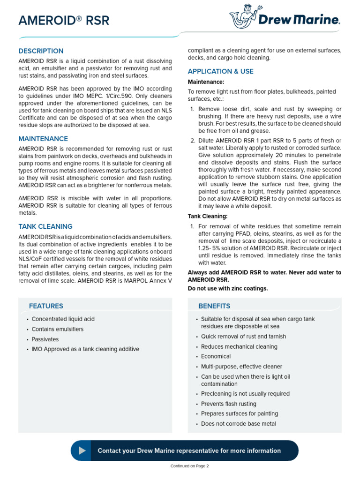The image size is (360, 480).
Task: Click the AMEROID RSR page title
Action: point(64,21)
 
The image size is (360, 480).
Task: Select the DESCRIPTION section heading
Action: point(41,51)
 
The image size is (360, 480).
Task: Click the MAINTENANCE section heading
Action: point(43,139)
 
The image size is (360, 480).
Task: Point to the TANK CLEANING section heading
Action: point(45,226)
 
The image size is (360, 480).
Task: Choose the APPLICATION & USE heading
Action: point(220,71)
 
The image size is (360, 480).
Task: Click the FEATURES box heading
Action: point(46,306)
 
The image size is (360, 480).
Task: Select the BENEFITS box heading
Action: point(214,306)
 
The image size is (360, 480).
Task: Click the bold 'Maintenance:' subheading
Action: point(206,82)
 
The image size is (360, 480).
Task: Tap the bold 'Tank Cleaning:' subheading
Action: point(208,216)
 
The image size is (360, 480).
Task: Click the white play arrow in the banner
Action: point(82,450)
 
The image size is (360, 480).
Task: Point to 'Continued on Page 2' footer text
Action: point(189,466)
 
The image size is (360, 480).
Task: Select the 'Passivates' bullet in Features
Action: point(45,339)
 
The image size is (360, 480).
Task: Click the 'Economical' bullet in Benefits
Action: point(216,356)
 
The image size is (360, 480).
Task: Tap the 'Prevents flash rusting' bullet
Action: point(229,404)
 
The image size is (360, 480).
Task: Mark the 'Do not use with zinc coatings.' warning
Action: point(228,288)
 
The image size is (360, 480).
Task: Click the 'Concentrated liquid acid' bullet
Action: point(63,319)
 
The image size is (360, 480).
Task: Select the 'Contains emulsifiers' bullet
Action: point(58,329)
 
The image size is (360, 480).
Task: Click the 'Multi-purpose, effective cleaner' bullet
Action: point(241,367)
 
